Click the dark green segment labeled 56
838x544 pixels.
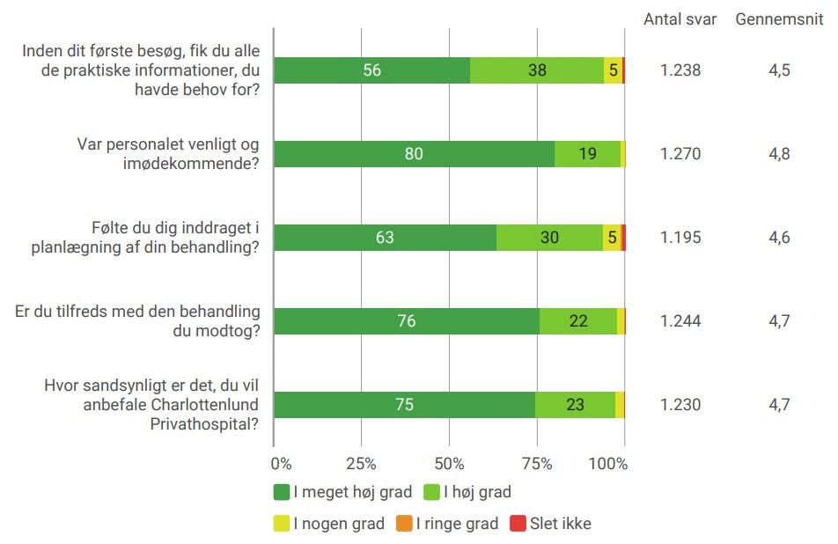click(x=371, y=70)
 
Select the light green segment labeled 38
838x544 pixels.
click(x=537, y=70)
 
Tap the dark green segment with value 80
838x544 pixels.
click(x=414, y=154)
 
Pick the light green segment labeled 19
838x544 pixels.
click(x=587, y=154)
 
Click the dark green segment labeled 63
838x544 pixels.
click(x=385, y=238)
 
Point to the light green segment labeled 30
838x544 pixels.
click(x=549, y=238)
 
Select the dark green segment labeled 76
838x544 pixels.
click(x=406, y=321)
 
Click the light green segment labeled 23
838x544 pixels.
click(x=575, y=405)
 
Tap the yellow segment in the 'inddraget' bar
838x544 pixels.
click(x=612, y=238)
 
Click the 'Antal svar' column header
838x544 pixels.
click(x=680, y=19)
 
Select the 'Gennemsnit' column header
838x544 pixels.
click(x=779, y=19)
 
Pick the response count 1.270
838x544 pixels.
click(x=680, y=154)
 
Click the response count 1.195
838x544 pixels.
click(x=680, y=238)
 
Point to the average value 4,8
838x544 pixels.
click(x=779, y=154)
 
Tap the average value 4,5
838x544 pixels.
click(x=779, y=70)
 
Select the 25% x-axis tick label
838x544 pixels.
click(x=361, y=463)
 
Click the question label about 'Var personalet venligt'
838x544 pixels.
click(x=168, y=154)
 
